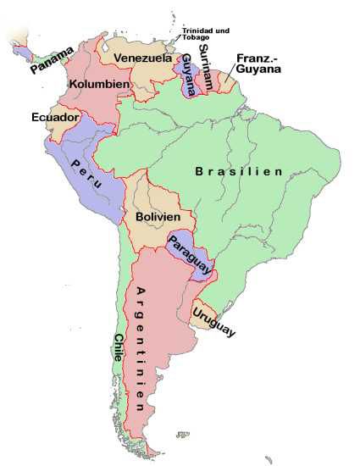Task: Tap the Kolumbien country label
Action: point(99,85)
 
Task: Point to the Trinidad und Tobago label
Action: point(207,35)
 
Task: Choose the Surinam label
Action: point(206,63)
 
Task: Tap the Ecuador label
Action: point(55,116)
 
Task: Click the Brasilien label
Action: point(238,171)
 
